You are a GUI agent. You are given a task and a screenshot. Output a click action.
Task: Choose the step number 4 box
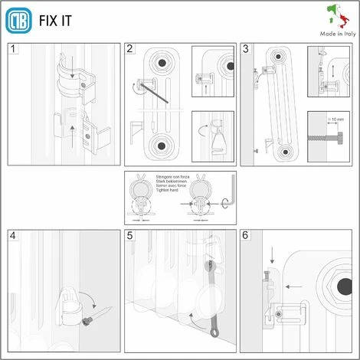click(12, 236)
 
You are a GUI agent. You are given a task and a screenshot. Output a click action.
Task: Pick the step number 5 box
click(129, 236)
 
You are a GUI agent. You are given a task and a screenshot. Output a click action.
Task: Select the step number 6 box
click(246, 236)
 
